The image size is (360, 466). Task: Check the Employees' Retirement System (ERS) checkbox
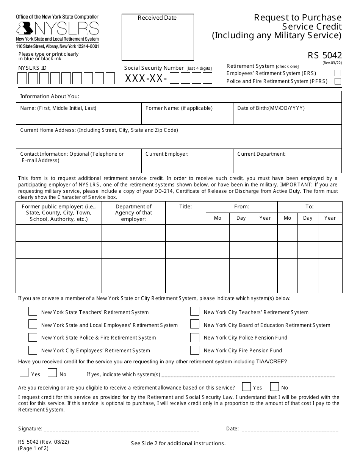pyautogui.click(x=338, y=73)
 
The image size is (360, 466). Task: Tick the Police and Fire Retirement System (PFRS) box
pyautogui.click(x=338, y=81)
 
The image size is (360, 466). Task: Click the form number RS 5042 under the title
pyautogui.click(x=324, y=56)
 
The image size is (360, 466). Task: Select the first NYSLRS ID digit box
pyautogui.click(x=22, y=78)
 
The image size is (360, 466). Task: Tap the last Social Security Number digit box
pyautogui.click(x=207, y=78)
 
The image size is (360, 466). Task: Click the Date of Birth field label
pyautogui.click(x=271, y=108)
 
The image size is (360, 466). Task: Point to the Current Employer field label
pyautogui.click(x=167, y=154)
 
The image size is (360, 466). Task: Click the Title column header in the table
pyautogui.click(x=186, y=207)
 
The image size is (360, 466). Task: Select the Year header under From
pyautogui.click(x=265, y=218)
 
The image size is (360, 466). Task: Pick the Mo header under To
pyautogui.click(x=288, y=218)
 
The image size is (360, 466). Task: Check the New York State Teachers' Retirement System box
pyautogui.click(x=33, y=312)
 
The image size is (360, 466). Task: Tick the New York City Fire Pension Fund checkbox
pyautogui.click(x=195, y=350)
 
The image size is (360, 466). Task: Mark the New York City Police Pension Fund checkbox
pyautogui.click(x=195, y=338)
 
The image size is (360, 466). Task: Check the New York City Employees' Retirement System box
pyautogui.click(x=33, y=350)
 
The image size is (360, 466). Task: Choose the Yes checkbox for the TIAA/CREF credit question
pyautogui.click(x=24, y=373)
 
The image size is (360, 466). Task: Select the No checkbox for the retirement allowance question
pyautogui.click(x=274, y=387)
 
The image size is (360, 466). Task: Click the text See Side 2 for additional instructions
pyautogui.click(x=178, y=443)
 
